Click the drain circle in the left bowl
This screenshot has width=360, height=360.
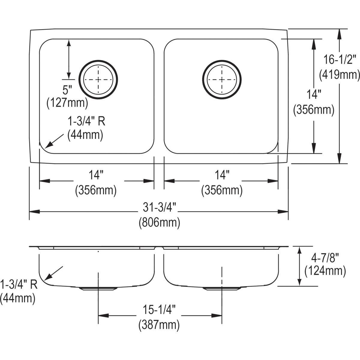click(98, 79)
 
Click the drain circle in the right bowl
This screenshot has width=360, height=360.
click(221, 79)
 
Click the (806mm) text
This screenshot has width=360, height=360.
click(159, 223)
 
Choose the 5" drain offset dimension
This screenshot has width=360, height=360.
click(67, 90)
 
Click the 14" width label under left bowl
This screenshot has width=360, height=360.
click(96, 175)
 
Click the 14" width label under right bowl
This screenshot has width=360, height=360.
click(222, 175)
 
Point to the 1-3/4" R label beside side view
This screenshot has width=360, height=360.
click(19, 284)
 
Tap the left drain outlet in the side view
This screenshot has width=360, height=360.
click(98, 289)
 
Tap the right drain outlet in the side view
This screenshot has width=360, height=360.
click(221, 289)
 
